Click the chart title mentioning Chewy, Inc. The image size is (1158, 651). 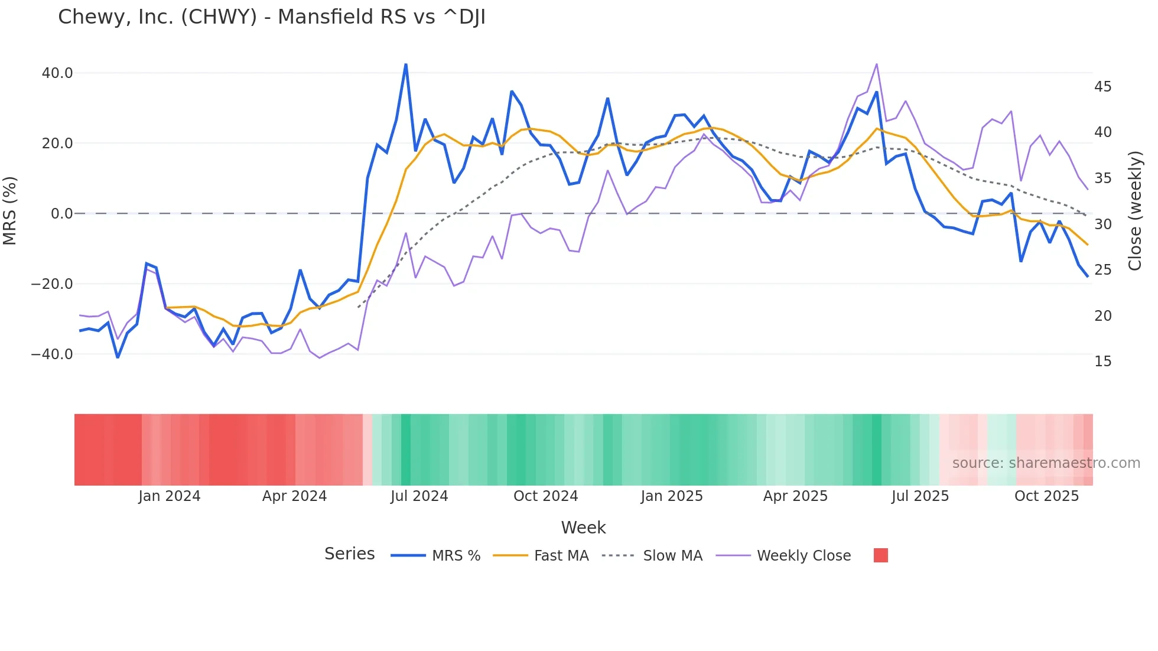pyautogui.click(x=272, y=17)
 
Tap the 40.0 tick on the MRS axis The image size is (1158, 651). pyautogui.click(x=57, y=73)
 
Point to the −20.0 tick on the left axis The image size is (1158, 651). pyautogui.click(x=52, y=284)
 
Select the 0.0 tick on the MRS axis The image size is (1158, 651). pyautogui.click(x=61, y=214)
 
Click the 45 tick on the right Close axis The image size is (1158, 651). pyautogui.click(x=1102, y=87)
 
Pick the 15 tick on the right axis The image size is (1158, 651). pyautogui.click(x=1102, y=362)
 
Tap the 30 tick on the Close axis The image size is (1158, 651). pyautogui.click(x=1102, y=224)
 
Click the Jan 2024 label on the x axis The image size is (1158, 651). pyautogui.click(x=170, y=496)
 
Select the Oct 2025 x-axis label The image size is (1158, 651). pyautogui.click(x=1046, y=496)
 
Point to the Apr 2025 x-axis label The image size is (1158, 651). pyautogui.click(x=795, y=496)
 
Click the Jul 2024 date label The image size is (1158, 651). pyautogui.click(x=419, y=496)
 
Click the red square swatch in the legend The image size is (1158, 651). pyautogui.click(x=880, y=555)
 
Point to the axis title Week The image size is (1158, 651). pyautogui.click(x=583, y=528)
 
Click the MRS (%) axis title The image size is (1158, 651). pyautogui.click(x=10, y=210)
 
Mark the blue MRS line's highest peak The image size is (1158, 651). pyautogui.click(x=406, y=64)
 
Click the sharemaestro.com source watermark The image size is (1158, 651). pyautogui.click(x=1046, y=463)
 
